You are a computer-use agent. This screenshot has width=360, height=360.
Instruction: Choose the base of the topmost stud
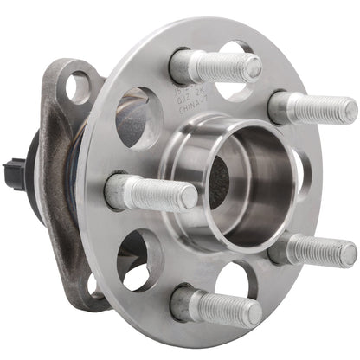point(183,66)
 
